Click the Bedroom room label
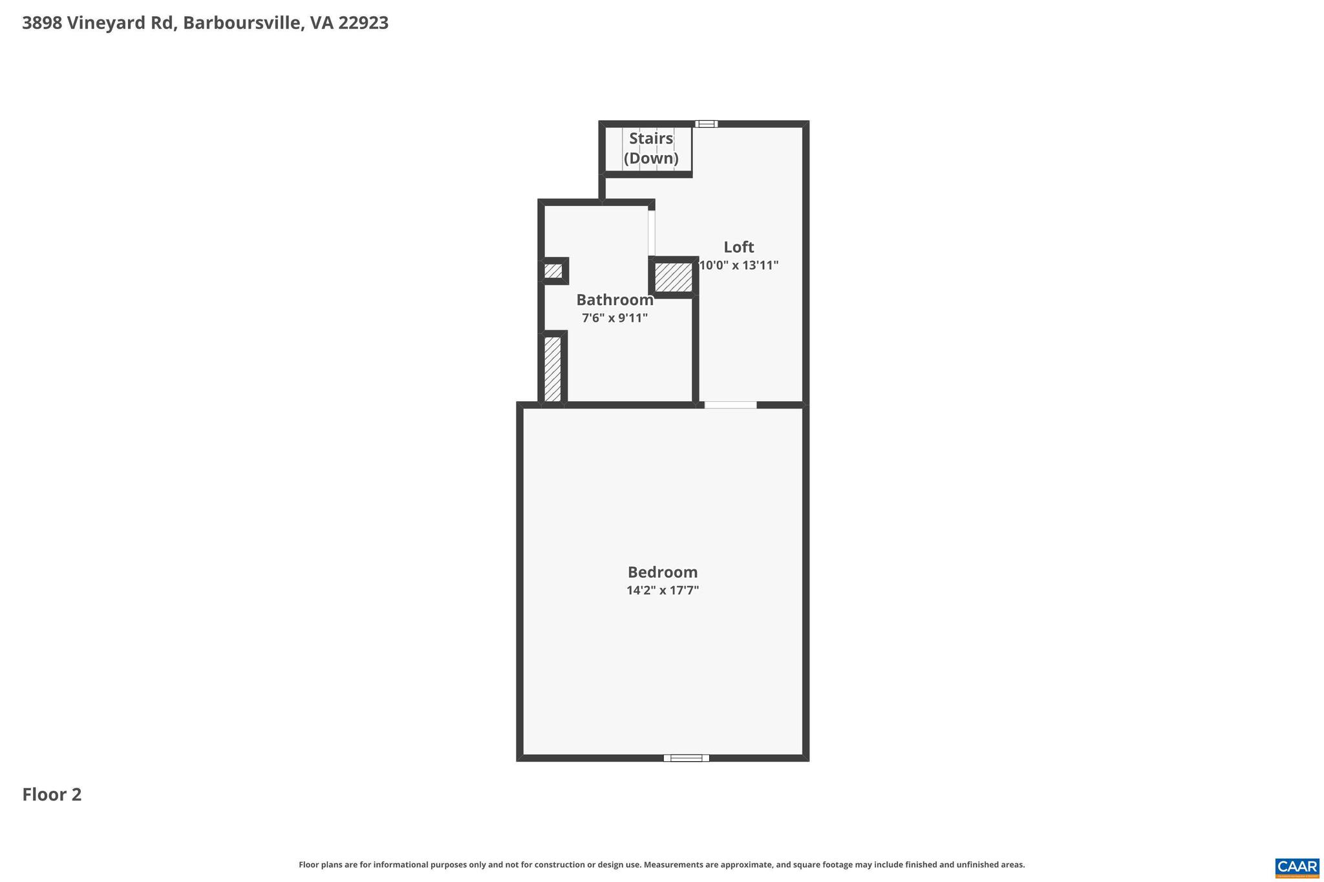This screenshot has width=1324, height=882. tap(663, 572)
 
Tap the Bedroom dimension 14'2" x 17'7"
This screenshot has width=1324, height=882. tap(663, 590)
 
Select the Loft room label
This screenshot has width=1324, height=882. tap(739, 247)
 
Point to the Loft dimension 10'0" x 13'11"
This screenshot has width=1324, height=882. tap(739, 265)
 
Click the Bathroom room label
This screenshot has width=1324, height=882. tap(615, 300)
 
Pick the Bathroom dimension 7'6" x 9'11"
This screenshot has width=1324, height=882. tap(615, 318)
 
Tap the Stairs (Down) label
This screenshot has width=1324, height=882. tap(651, 148)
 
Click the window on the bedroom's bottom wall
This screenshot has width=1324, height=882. tap(686, 758)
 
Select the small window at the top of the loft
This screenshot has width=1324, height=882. tap(707, 124)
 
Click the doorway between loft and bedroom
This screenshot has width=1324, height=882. tap(731, 405)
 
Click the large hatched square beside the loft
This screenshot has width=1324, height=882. tap(674, 277)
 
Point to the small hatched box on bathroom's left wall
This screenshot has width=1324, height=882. tap(553, 271)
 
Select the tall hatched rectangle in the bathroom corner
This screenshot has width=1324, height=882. tap(553, 368)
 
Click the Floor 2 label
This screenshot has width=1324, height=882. tap(52, 795)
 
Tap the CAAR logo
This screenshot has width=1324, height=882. tap(1297, 868)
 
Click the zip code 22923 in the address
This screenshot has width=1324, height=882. tap(363, 23)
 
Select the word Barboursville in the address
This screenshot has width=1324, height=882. tap(242, 23)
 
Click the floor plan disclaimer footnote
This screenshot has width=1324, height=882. tap(661, 865)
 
